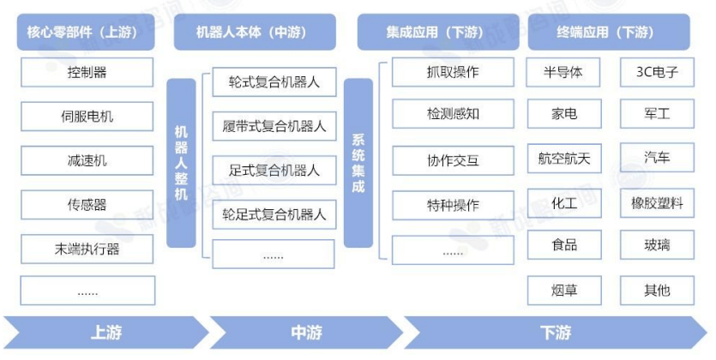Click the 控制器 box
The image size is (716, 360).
tap(87, 72)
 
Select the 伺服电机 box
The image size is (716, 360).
tap(87, 116)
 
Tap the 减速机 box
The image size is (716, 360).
tap(87, 160)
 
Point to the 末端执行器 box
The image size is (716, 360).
tap(87, 249)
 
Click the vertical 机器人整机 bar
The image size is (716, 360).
tap(181, 163)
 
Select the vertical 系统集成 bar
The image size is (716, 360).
tap(358, 163)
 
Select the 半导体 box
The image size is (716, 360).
tap(563, 72)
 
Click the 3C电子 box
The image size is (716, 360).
tap(658, 72)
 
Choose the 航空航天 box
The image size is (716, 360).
tap(563, 159)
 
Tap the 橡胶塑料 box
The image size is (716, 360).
tap(658, 203)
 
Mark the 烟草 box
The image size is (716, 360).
tap(563, 290)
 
